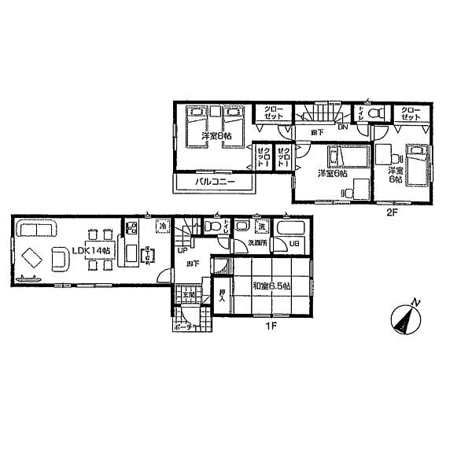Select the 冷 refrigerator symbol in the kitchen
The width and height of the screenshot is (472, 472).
163,226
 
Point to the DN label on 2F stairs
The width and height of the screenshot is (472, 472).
342,127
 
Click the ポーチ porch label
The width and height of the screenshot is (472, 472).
186,325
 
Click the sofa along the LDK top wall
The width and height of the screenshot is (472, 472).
35,230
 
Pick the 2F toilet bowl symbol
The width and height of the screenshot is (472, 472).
376,113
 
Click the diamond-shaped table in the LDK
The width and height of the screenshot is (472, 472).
31,258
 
